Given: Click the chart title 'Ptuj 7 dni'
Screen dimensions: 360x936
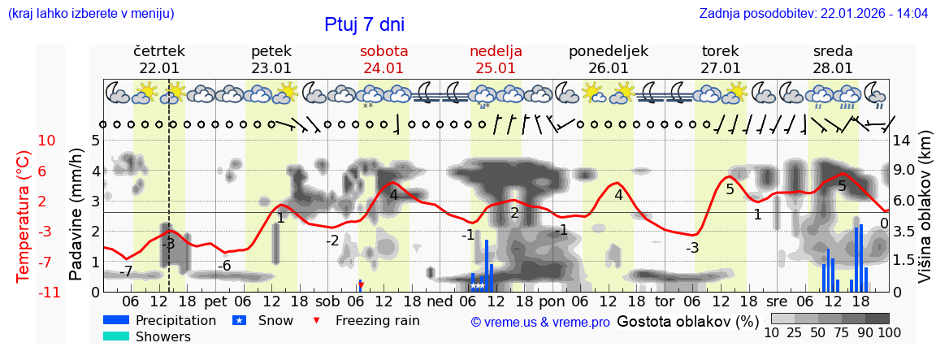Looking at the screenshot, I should (364, 24).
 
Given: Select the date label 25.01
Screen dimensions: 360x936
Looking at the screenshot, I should (496, 68).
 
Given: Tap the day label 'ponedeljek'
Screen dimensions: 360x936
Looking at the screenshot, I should (608, 51).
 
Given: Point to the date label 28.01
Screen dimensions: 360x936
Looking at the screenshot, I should (833, 68).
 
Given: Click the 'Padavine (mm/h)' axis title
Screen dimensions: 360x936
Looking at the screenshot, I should (76, 215).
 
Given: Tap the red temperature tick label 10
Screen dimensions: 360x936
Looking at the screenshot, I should (47, 141).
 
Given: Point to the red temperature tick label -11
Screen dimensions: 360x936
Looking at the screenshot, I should (45, 292).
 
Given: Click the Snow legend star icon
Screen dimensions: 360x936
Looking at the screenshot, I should (240, 320).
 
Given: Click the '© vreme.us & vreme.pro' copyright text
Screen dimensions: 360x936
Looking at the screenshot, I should (540, 322).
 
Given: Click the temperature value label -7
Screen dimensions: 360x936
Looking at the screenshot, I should (126, 271).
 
